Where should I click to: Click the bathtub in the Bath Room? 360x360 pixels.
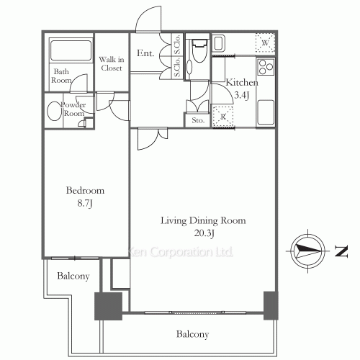[71, 50]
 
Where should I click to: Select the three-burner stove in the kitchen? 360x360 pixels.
[266, 67]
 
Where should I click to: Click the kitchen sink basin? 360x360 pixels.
[266, 112]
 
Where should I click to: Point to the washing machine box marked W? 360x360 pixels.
[265, 43]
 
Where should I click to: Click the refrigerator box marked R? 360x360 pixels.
[223, 117]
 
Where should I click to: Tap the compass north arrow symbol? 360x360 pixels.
[308, 251]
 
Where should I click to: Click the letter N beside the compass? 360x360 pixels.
[341, 251]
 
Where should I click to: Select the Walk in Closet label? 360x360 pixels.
[112, 63]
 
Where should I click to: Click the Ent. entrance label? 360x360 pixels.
[145, 53]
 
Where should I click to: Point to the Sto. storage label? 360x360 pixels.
[198, 120]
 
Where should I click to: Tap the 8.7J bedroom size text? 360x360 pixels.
[85, 204]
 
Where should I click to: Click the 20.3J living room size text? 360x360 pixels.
[204, 233]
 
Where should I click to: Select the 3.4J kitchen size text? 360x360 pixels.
[242, 95]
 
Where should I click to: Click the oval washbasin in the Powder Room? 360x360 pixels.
[55, 111]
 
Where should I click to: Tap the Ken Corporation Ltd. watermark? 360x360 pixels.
[179, 252]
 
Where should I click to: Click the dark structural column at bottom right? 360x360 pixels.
[271, 305]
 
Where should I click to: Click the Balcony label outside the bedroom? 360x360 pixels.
[73, 276]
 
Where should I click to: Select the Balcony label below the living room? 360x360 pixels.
[192, 334]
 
